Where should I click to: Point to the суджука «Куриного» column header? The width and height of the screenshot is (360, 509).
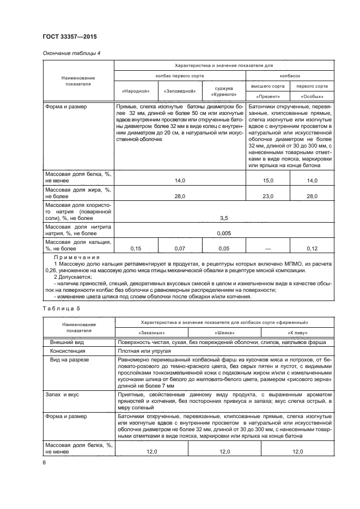coord(223,91)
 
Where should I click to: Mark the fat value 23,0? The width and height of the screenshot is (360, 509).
coord(267,195)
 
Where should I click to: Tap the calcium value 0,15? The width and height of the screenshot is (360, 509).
coord(136,248)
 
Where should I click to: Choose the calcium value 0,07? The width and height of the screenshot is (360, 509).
coord(179,248)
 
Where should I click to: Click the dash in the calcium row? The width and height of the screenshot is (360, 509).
coord(267,248)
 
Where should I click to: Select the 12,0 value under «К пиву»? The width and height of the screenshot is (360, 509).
coord(297,452)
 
